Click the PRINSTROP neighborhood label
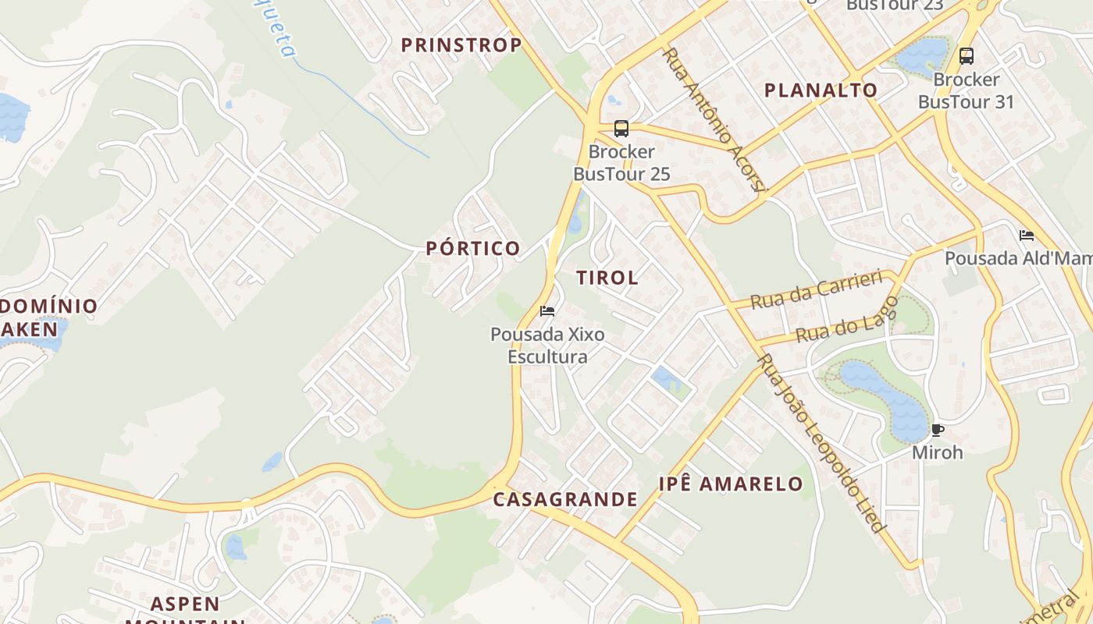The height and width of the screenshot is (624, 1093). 461,45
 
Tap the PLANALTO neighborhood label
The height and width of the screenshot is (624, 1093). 821,90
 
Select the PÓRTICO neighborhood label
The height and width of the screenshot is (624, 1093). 473,249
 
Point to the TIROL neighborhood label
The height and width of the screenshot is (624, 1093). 607,278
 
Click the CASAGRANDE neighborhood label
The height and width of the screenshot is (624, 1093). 565,500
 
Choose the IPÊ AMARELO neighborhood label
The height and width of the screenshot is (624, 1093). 731,484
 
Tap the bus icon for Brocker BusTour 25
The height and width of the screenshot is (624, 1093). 621,129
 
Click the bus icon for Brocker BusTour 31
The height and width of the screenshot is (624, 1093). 967,56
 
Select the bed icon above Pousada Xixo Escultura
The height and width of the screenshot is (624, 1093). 547,311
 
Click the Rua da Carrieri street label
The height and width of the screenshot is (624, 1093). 816,289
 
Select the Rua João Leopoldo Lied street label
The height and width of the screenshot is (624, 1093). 821,443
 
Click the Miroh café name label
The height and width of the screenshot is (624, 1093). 938,452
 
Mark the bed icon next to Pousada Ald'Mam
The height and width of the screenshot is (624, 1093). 1027,235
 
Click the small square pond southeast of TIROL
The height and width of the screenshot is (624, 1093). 666,379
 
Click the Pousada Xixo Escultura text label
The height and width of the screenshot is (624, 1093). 547,346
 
